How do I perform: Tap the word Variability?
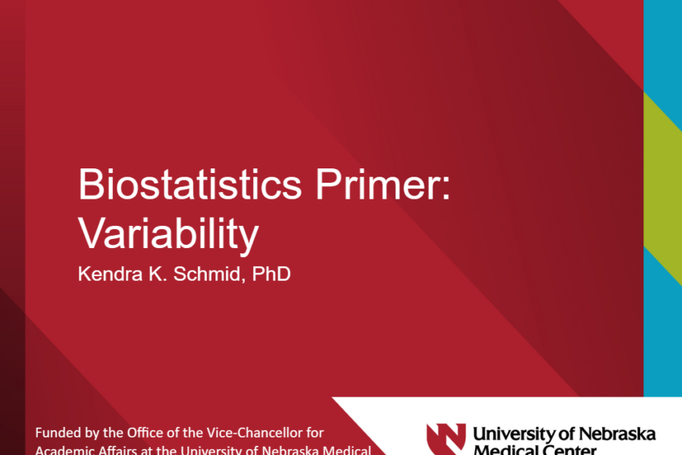tap(168, 235)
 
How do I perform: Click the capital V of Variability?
tap(89, 235)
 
